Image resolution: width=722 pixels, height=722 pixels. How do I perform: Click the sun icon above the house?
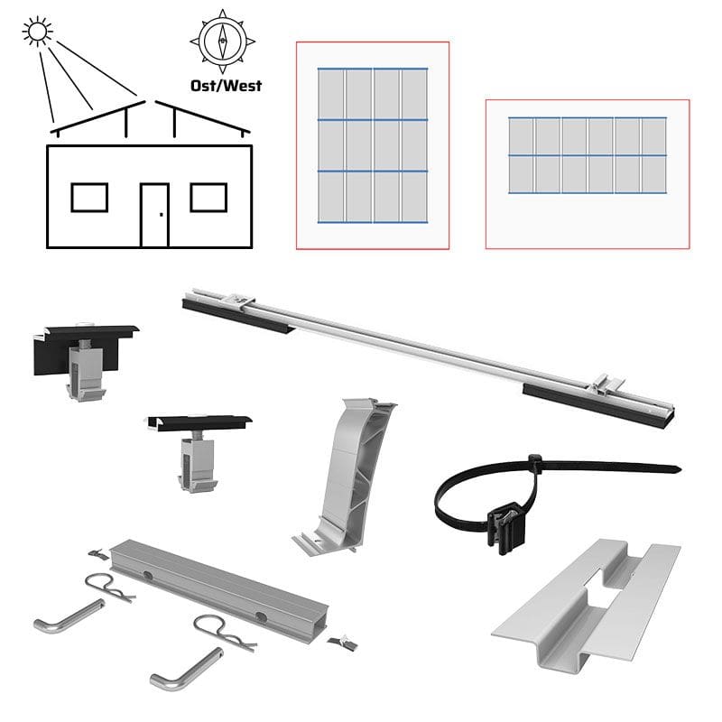pyautogui.click(x=37, y=32)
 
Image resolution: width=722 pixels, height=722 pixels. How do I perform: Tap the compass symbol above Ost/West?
pyautogui.click(x=222, y=41)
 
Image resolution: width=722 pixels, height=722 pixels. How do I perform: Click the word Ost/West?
pyautogui.click(x=227, y=86)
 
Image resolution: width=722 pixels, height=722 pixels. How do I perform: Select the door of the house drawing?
pyautogui.click(x=154, y=216)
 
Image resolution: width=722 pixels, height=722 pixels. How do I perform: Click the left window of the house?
pyautogui.click(x=89, y=198)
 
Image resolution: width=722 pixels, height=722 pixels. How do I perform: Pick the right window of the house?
pyautogui.click(x=208, y=198)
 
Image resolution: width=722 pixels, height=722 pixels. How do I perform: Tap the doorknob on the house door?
pyautogui.click(x=162, y=215)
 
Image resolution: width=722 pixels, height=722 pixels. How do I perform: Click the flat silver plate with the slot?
pyautogui.click(x=586, y=604)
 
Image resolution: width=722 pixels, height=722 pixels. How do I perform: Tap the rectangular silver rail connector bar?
pyautogui.click(x=219, y=584)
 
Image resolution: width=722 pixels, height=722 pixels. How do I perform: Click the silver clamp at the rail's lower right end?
pyautogui.click(x=606, y=386)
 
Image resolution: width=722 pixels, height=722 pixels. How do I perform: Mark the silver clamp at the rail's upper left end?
pyautogui.click(x=242, y=300)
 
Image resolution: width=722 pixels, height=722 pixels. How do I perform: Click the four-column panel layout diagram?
pyautogui.click(x=373, y=145)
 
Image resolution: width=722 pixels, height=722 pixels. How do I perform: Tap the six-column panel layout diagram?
pyautogui.click(x=588, y=174)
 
